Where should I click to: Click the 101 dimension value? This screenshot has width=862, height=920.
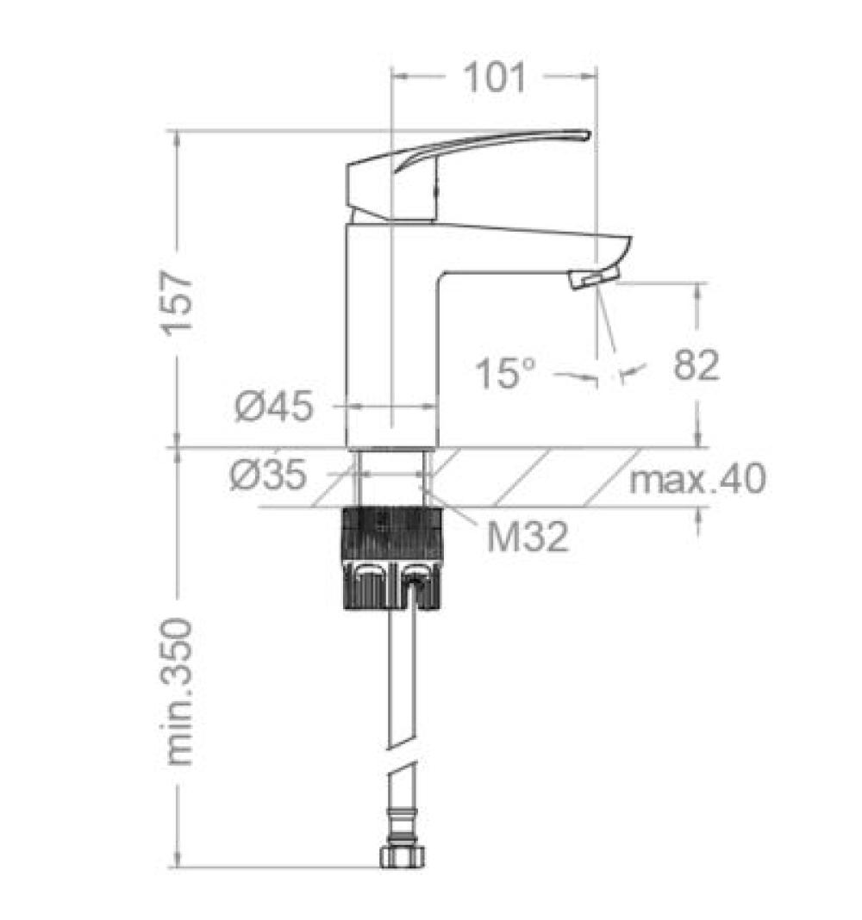coord(495,77)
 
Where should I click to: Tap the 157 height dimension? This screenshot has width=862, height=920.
coord(178,302)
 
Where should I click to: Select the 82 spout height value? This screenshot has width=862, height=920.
coord(696,364)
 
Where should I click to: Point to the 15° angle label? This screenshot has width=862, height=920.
coord(505,373)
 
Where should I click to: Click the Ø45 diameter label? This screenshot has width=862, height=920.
coord(273,406)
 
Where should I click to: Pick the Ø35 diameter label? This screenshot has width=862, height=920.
coord(268,475)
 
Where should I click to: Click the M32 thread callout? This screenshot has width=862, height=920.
coord(528,537)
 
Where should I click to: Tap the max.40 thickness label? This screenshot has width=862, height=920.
coord(697,479)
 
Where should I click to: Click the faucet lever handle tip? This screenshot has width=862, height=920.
coord(587,134)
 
